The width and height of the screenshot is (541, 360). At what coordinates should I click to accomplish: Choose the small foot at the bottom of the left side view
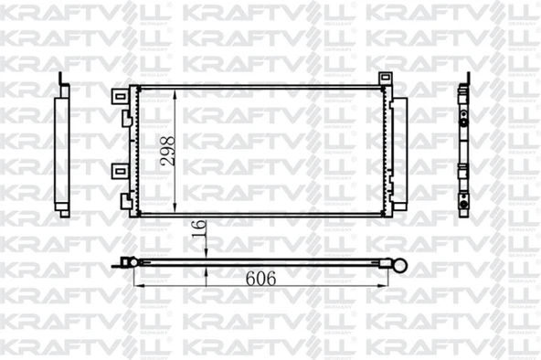point(64,213)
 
